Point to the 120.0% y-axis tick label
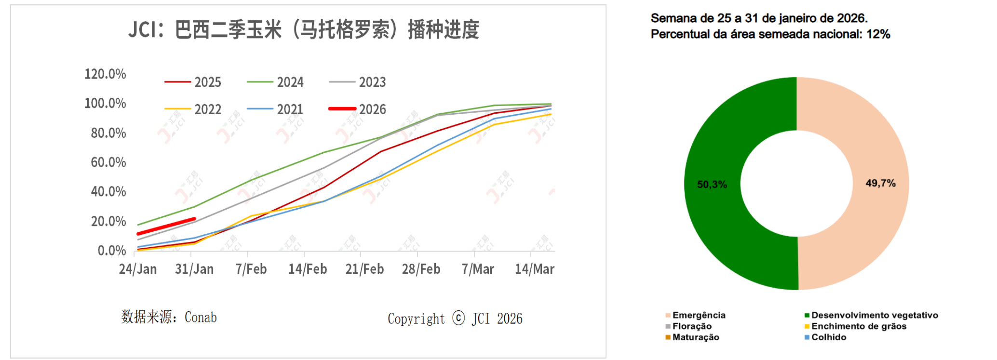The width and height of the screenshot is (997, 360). pos(105,74)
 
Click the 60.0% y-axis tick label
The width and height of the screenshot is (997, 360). pos(108,162)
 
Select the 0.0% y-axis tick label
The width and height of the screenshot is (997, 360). pos(111,251)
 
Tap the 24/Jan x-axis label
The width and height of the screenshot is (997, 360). pos(138,269)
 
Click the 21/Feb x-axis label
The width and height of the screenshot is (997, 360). pos(364,269)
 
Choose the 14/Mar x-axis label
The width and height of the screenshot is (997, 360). pos(535,269)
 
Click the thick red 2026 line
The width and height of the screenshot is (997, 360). pos(166,227)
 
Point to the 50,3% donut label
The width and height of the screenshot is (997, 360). pos(712,185)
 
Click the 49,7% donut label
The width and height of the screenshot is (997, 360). pos(880,183)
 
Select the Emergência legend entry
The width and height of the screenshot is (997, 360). pos(699,315)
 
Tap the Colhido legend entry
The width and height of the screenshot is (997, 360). pos(828,337)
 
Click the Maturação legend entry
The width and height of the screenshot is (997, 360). pos(695,337)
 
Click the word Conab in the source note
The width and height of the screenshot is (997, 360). pos(201,317)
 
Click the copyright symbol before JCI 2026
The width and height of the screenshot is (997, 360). pos(458,318)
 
